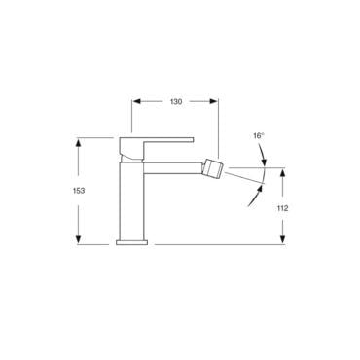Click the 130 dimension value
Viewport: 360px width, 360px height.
pos(176,102)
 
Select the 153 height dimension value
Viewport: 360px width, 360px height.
pos(79,191)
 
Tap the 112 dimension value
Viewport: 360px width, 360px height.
pos(282,208)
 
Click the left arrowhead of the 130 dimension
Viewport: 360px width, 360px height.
pos(137,101)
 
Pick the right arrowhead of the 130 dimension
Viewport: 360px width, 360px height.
pos(213,101)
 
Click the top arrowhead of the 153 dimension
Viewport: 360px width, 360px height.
pos(78,142)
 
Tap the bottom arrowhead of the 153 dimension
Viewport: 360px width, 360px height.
pos(78,239)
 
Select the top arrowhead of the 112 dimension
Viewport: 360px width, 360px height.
pos(283,172)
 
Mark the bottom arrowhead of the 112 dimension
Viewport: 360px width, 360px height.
pos(283,239)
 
